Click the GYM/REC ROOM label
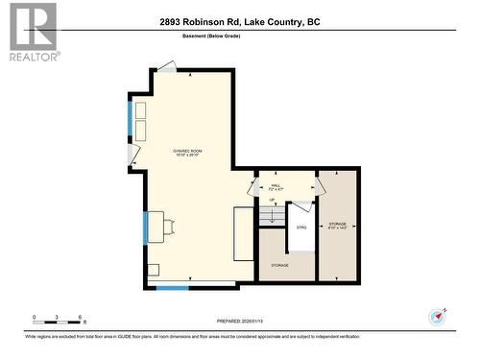pos(187,153)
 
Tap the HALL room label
pos(276,187)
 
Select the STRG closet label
pos(300,228)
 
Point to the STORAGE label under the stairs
pos(279,264)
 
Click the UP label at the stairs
pos(272,200)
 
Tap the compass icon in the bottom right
pos(440,316)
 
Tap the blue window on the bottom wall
pos(173,288)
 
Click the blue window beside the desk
pos(146,228)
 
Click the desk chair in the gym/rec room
pos(170,227)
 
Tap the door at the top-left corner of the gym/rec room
pos(167,67)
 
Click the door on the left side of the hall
pos(253,186)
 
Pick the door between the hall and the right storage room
pos(322,185)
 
